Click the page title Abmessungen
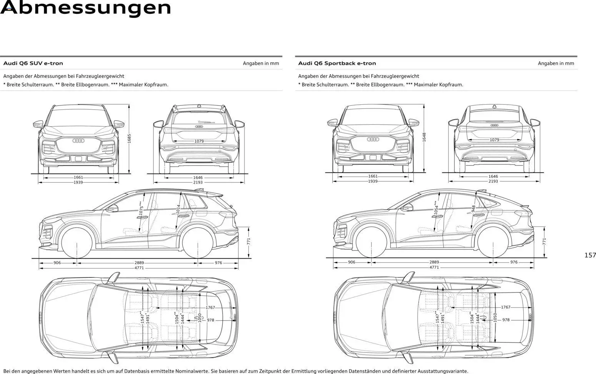(x=85, y=8)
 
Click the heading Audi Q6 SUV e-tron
(x=33, y=63)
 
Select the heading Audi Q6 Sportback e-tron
(x=337, y=63)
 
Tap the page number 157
(x=590, y=255)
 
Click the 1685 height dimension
(x=129, y=139)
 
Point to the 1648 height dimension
(x=424, y=137)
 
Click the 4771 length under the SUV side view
(x=139, y=268)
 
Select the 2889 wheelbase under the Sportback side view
(x=434, y=262)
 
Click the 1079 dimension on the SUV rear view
(x=199, y=141)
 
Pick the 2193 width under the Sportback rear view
(x=493, y=181)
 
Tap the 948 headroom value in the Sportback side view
(x=473, y=208)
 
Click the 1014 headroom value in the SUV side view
(x=178, y=209)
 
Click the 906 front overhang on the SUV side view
(x=57, y=263)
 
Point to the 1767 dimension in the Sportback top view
(x=506, y=307)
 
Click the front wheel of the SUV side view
(x=77, y=243)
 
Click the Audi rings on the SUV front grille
(x=78, y=141)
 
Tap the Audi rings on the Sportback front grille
(x=373, y=139)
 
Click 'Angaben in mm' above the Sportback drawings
(x=556, y=63)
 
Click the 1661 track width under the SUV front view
(x=78, y=177)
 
